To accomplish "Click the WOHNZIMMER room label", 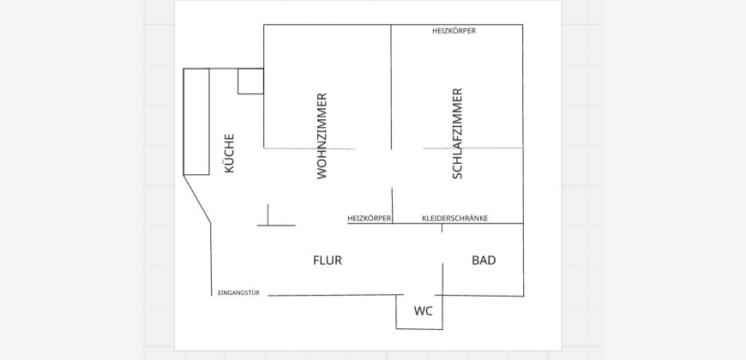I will [322, 135].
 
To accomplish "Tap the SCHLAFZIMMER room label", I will [457, 133].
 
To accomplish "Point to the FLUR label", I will [328, 261].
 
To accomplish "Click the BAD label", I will [484, 261].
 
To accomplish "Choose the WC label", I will [423, 311].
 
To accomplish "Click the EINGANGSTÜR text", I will [238, 293].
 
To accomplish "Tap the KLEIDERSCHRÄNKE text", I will [454, 219].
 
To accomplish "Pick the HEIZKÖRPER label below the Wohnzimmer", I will [369, 219].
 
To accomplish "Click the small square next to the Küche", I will [250, 81].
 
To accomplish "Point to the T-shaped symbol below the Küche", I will [268, 219].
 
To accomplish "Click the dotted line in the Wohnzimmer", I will [309, 149].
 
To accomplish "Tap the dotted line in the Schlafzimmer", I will [472, 148].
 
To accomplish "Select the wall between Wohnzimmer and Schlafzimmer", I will [392, 86].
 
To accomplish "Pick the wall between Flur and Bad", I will [442, 279].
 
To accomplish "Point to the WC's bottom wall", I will [419, 329].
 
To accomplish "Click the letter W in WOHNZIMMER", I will [322, 172].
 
